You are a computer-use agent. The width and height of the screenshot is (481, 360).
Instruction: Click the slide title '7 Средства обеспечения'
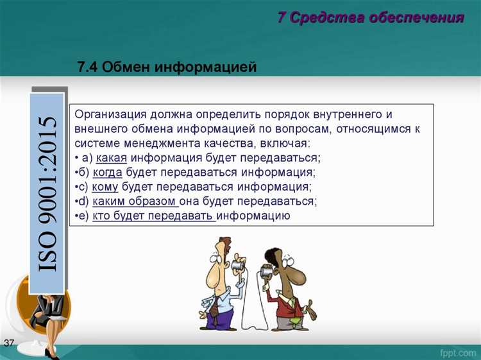click(x=370, y=18)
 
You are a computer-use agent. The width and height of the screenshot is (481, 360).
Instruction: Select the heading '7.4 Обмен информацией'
click(x=167, y=67)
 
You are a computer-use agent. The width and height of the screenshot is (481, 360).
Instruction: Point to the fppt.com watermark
click(x=456, y=352)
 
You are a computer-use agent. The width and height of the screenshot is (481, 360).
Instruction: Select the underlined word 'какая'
click(x=110, y=159)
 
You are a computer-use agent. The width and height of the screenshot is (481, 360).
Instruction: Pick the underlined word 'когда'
click(x=107, y=173)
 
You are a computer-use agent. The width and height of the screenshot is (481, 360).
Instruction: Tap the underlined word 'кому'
click(x=105, y=187)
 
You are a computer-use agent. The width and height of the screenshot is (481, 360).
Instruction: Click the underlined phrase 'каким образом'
click(x=135, y=201)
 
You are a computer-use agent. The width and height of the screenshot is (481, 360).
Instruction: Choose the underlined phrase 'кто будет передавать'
click(x=153, y=216)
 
